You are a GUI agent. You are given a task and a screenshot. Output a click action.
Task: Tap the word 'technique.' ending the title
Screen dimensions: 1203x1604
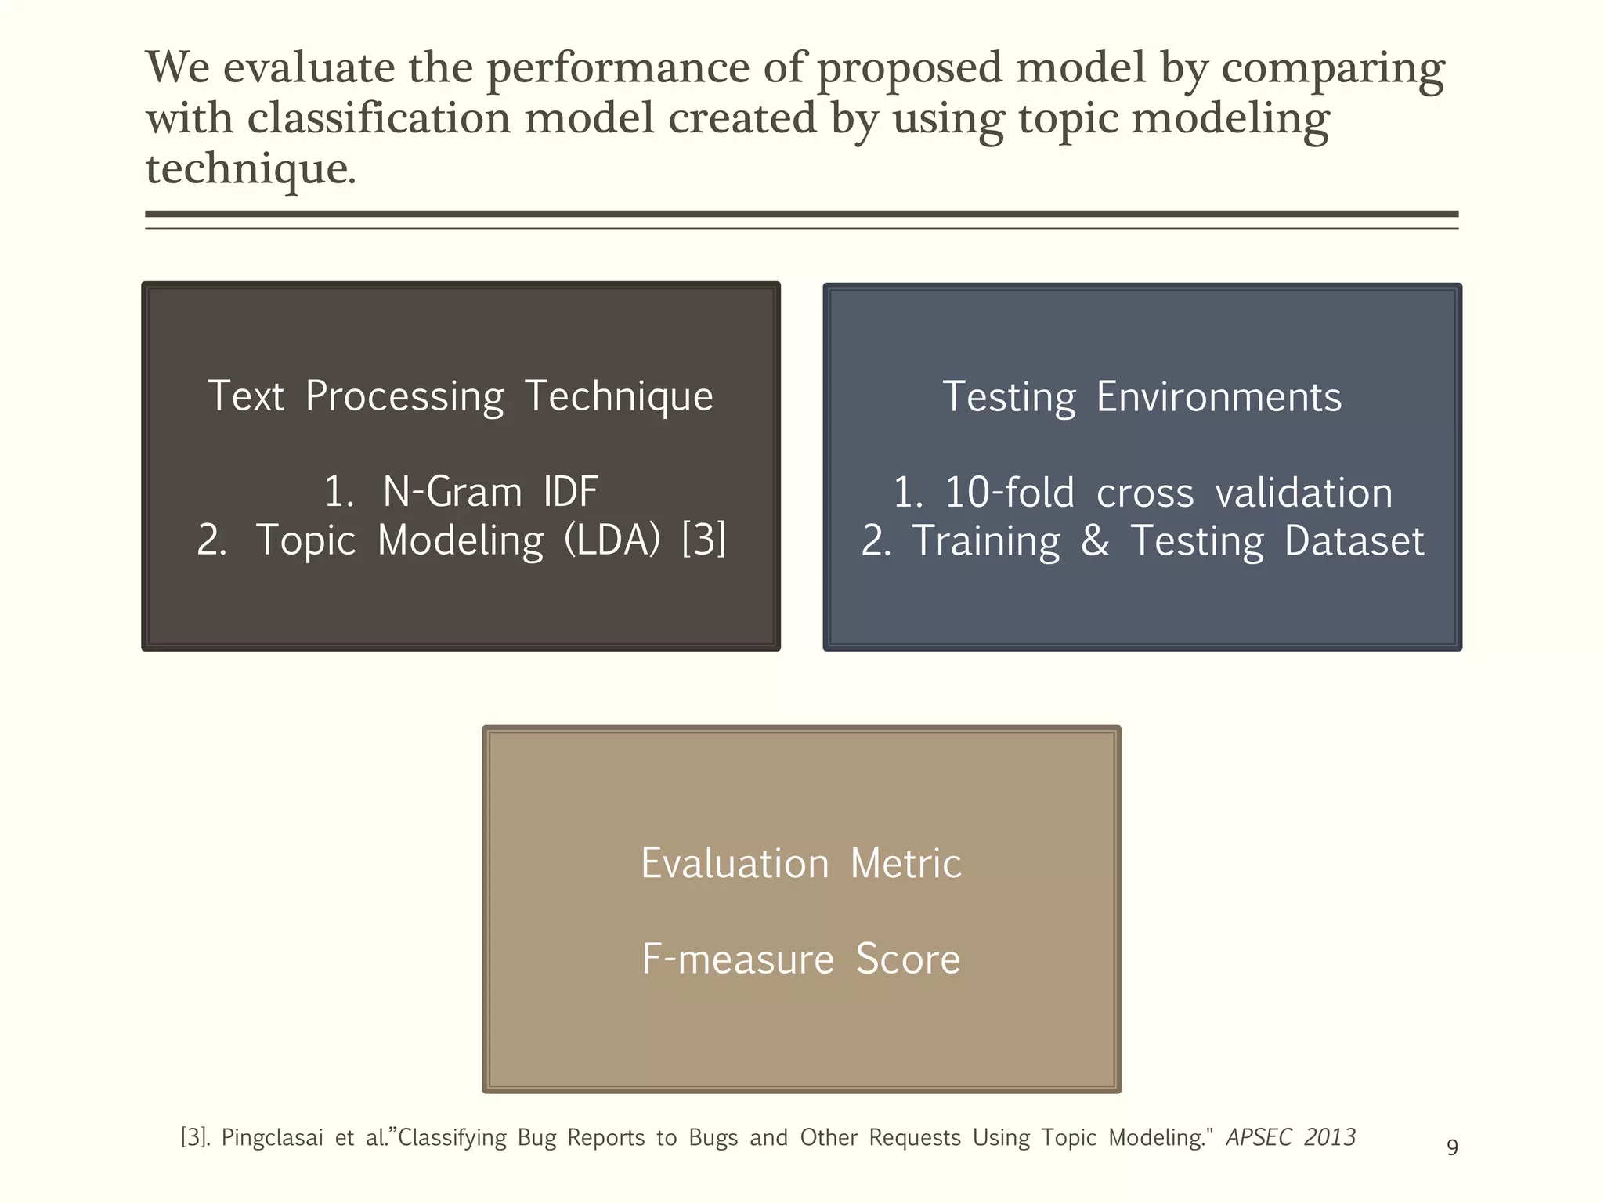tap(251, 168)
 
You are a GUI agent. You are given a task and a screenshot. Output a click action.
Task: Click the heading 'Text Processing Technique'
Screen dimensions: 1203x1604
tap(461, 396)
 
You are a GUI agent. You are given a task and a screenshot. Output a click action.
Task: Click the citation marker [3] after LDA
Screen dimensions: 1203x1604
tap(703, 540)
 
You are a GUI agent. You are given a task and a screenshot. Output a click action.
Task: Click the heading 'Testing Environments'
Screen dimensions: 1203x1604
tap(1142, 397)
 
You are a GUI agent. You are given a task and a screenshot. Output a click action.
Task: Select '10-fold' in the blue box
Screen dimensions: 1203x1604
tap(1010, 493)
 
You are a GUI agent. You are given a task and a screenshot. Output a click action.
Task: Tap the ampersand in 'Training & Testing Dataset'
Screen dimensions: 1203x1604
tap(1095, 540)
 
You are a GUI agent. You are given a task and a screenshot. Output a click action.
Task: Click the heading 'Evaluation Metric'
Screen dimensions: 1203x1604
tap(800, 864)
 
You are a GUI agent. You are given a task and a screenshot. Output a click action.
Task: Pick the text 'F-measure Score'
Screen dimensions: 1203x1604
tap(800, 959)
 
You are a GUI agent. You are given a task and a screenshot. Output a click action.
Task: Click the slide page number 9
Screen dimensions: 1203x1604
tap(1452, 1148)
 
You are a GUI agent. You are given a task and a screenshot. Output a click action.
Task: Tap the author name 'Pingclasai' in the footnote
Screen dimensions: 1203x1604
tap(272, 1138)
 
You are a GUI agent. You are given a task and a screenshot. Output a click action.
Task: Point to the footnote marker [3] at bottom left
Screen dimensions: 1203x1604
tap(194, 1138)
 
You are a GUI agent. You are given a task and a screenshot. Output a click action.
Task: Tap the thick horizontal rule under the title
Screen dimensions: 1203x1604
tap(800, 214)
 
